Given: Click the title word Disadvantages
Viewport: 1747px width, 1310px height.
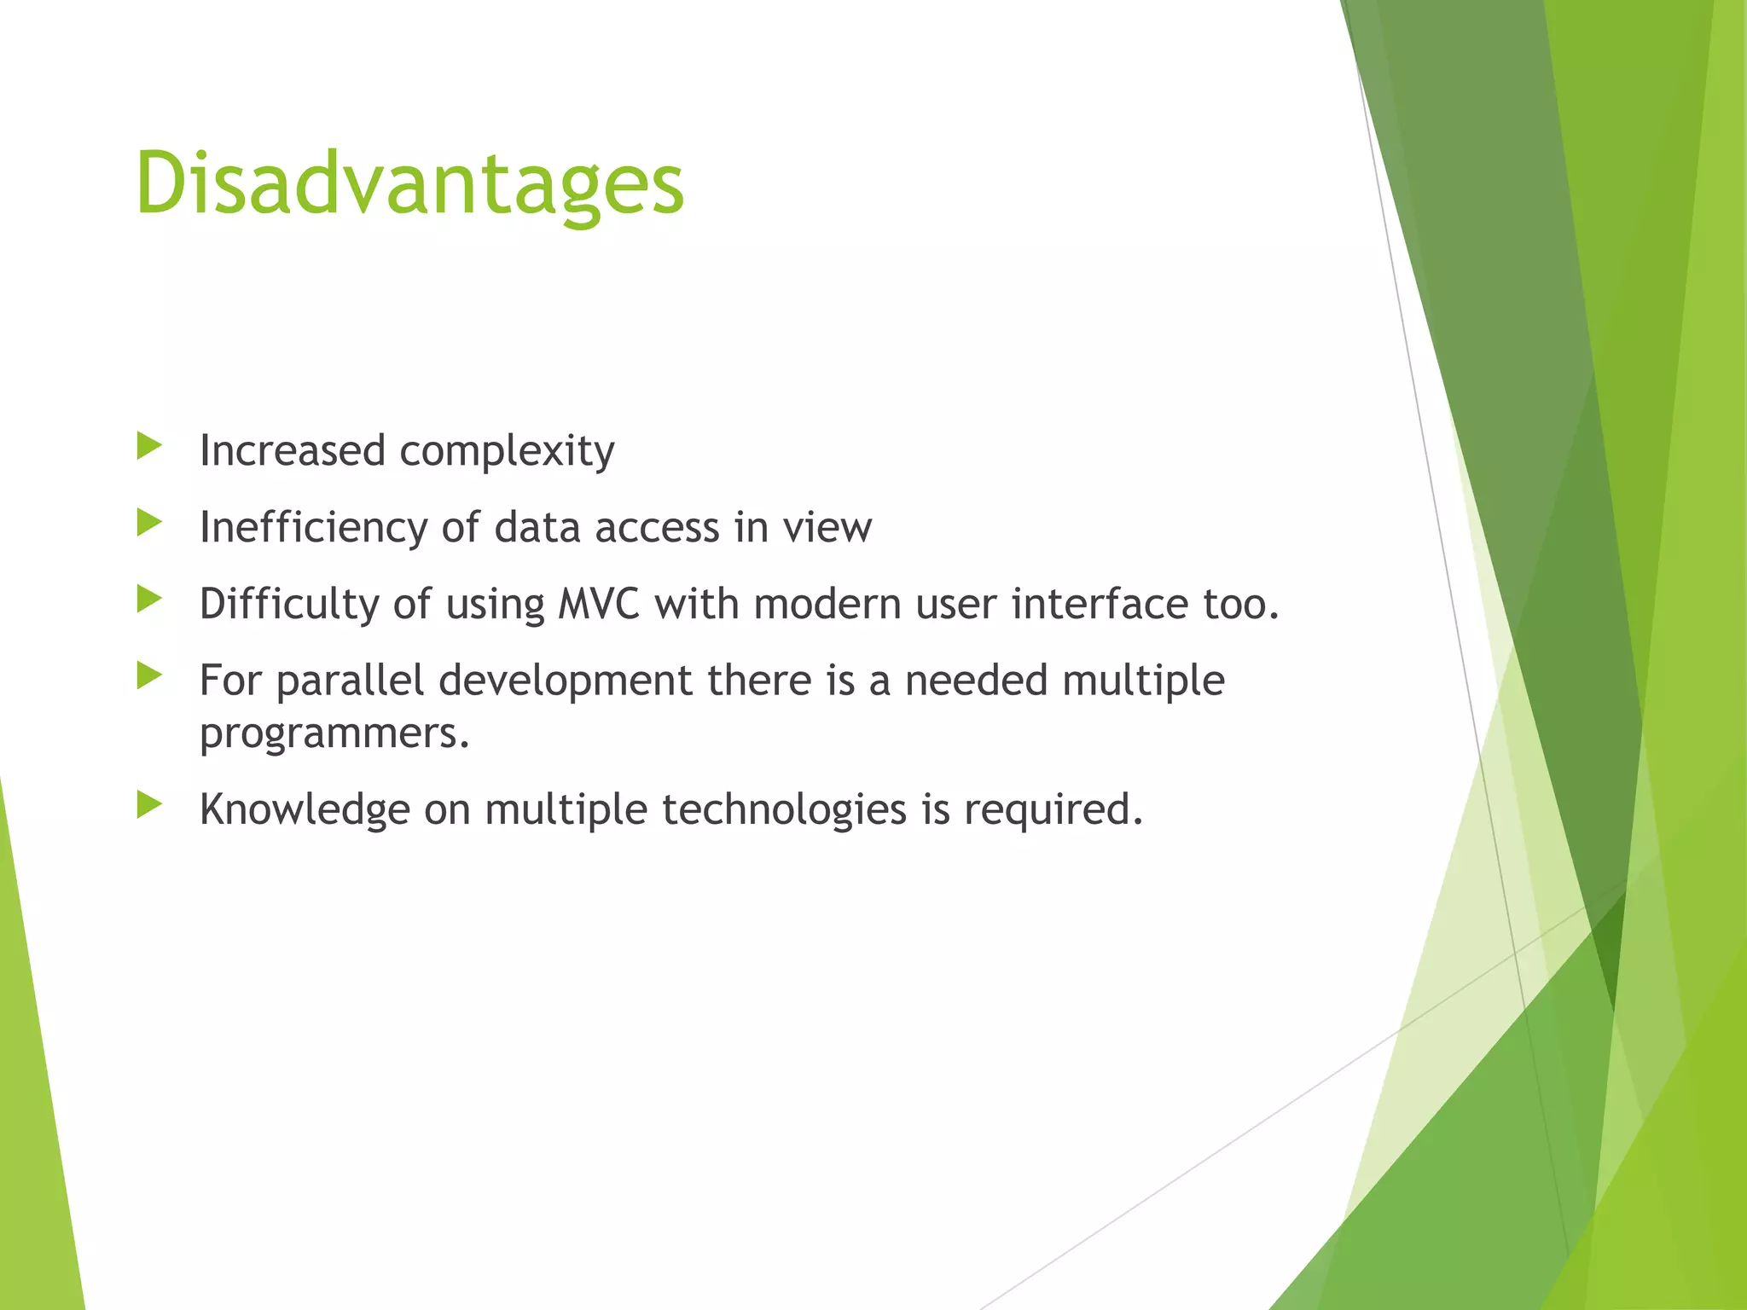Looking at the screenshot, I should (x=409, y=184).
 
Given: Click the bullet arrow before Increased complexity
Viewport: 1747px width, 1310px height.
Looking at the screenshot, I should (x=149, y=445).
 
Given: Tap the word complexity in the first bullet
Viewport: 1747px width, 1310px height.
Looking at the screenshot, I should (x=507, y=451).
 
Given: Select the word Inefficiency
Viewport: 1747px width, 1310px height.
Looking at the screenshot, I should (x=312, y=528).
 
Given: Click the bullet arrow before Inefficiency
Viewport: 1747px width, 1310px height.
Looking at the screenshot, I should (x=149, y=522).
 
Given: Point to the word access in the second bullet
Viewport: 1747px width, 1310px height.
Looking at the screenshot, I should (x=657, y=528).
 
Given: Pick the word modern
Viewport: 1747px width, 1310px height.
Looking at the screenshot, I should (x=827, y=605).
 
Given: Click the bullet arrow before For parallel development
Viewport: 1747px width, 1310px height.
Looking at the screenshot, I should (x=149, y=675).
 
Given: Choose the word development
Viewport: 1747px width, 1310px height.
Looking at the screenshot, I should (x=566, y=681).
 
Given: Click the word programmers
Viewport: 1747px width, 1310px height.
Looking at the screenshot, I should (x=333, y=733).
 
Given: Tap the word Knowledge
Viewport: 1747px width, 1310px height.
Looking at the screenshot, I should (x=304, y=809).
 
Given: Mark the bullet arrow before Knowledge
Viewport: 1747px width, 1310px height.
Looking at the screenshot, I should (x=149, y=803).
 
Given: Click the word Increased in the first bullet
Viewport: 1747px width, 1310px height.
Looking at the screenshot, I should (x=292, y=451).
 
